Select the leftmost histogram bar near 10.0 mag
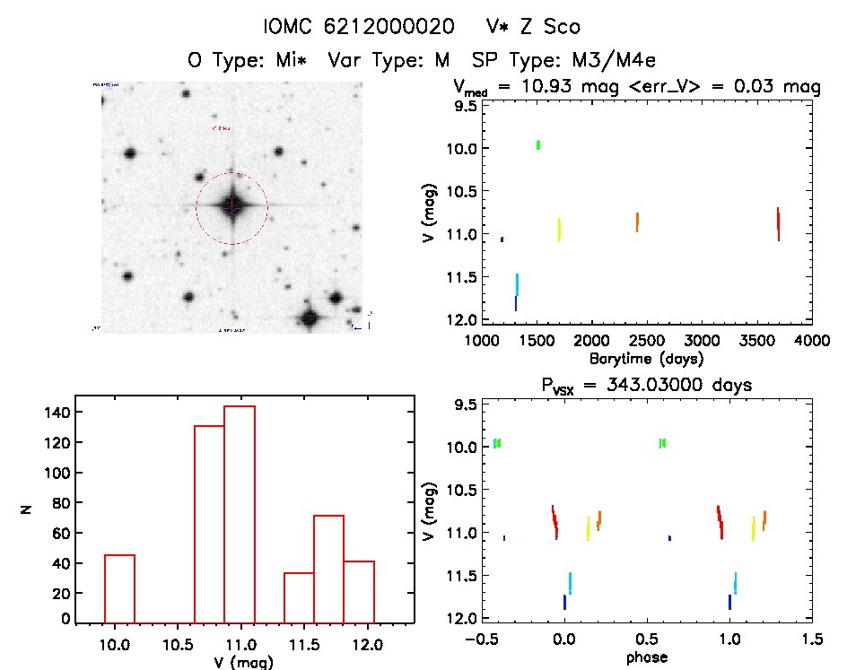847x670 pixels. pos(119,588)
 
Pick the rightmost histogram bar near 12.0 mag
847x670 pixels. pos(359,592)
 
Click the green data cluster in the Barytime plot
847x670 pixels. pos(538,144)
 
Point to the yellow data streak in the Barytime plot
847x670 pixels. pos(559,230)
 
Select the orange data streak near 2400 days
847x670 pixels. pos(637,222)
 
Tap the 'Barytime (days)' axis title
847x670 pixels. pos(646,358)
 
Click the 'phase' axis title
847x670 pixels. pos(646,657)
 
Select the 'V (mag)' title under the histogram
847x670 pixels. pos(243,662)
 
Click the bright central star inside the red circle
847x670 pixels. pos(232,206)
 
